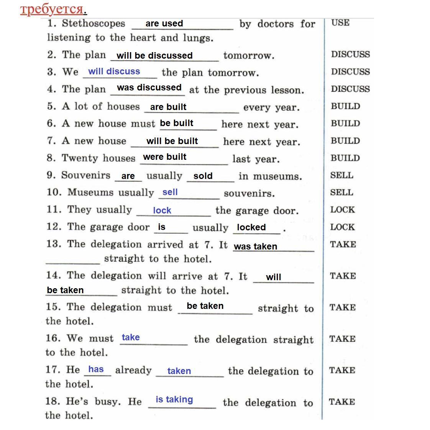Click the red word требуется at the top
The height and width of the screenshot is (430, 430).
(52, 9)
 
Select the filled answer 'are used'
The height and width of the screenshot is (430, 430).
(164, 23)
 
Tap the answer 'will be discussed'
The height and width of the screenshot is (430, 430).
(154, 56)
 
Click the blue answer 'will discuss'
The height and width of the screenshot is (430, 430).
(114, 71)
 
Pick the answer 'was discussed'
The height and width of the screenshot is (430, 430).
(149, 87)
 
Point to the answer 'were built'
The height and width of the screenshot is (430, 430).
(164, 157)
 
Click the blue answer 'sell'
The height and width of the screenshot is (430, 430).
(170, 192)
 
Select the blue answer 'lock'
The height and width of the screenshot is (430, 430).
(162, 210)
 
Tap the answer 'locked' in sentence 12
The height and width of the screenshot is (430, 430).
(251, 227)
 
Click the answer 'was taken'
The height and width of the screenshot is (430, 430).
(255, 246)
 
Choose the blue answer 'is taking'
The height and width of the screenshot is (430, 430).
(174, 399)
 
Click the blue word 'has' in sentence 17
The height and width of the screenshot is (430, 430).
(96, 369)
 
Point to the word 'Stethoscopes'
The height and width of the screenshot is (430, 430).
(94, 23)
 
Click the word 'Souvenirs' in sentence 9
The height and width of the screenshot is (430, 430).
(85, 175)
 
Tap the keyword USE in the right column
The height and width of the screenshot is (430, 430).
(340, 23)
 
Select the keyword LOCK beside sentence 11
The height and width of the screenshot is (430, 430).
(342, 210)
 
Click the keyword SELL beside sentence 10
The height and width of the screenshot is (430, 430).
(341, 192)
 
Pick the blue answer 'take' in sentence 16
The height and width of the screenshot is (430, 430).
(131, 337)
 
